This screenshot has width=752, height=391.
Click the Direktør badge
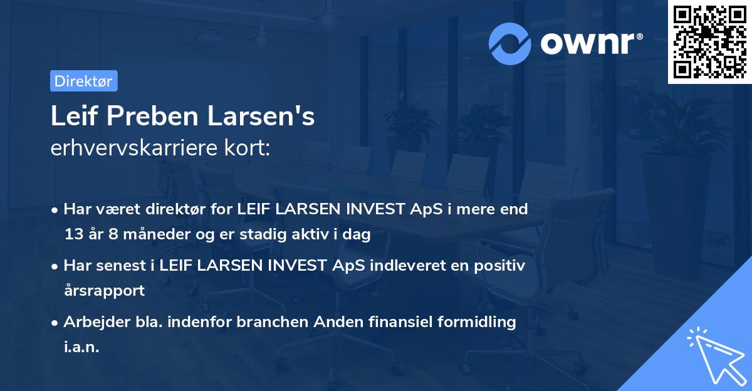point(83,81)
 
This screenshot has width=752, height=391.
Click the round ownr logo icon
point(510,43)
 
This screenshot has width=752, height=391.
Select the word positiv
point(501,265)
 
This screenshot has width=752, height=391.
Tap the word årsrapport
point(104,290)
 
